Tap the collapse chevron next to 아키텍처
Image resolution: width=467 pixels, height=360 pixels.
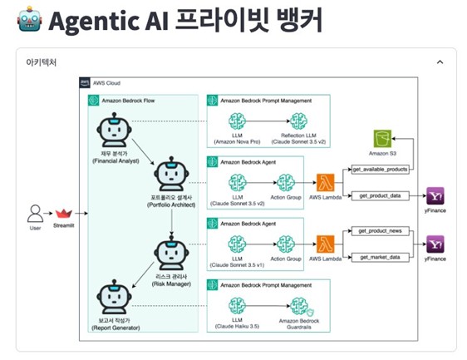[440, 62]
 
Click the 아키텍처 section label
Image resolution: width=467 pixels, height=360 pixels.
[41, 62]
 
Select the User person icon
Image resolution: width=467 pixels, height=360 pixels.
[35, 214]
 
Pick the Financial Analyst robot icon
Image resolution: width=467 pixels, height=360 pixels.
[111, 131]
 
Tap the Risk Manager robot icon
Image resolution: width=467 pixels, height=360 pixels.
[170, 254]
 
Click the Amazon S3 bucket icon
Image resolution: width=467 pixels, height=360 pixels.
[382, 139]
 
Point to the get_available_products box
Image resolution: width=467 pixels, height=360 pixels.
[381, 169]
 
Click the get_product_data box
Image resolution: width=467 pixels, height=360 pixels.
[381, 195]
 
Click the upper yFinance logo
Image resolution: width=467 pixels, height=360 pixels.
[435, 195]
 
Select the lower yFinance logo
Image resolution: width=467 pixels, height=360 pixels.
[435, 244]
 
